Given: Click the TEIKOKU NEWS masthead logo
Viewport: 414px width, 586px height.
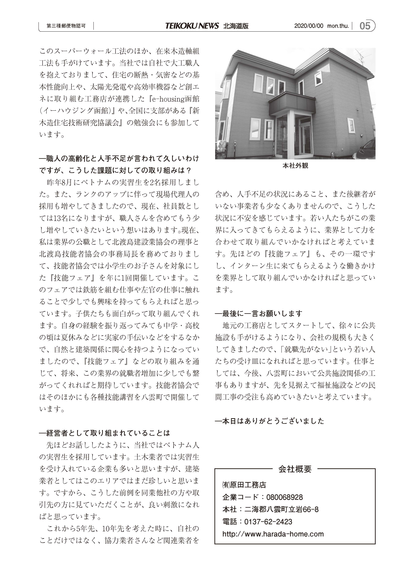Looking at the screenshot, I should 192,26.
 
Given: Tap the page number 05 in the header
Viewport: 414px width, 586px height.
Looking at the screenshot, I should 365,26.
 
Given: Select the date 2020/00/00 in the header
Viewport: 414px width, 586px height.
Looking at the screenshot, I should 309,26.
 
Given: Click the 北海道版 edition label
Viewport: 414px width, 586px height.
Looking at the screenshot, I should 236,26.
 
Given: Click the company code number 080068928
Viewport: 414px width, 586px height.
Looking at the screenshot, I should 284,497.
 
